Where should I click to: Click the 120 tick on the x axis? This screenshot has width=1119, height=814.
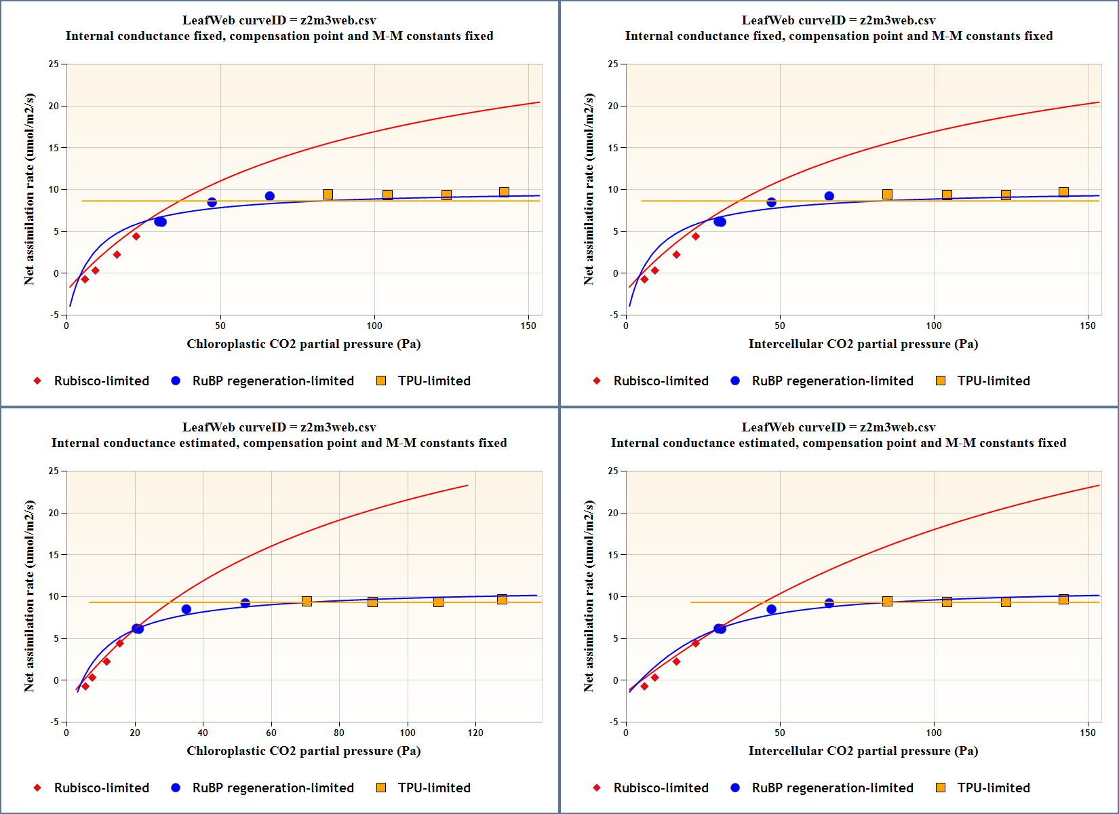(475, 733)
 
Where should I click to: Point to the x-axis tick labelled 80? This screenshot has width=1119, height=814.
(339, 733)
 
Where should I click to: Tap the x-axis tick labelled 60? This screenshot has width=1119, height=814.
(271, 733)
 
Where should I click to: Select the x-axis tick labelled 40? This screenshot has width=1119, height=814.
(203, 733)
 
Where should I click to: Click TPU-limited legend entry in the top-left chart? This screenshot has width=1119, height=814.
(424, 381)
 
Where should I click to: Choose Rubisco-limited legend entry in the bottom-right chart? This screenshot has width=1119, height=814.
(651, 788)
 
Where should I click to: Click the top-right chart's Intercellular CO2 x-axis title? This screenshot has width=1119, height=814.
(863, 344)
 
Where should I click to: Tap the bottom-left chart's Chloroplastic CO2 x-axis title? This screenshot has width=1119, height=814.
(303, 751)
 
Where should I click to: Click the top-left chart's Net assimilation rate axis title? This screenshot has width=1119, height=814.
(28, 189)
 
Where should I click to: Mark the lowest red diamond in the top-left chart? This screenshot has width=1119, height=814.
(85, 279)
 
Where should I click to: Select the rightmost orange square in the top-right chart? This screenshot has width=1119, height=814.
(1063, 192)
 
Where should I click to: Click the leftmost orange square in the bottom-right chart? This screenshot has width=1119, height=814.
(887, 601)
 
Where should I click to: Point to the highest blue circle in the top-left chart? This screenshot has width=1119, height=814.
(269, 196)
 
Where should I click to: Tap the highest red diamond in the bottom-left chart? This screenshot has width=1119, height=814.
(120, 643)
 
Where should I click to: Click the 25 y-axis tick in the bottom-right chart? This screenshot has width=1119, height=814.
(613, 471)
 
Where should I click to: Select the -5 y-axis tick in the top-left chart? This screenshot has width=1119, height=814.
(54, 315)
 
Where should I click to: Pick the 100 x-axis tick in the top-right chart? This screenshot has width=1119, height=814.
(934, 326)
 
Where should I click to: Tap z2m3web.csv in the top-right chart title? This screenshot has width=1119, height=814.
(897, 20)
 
